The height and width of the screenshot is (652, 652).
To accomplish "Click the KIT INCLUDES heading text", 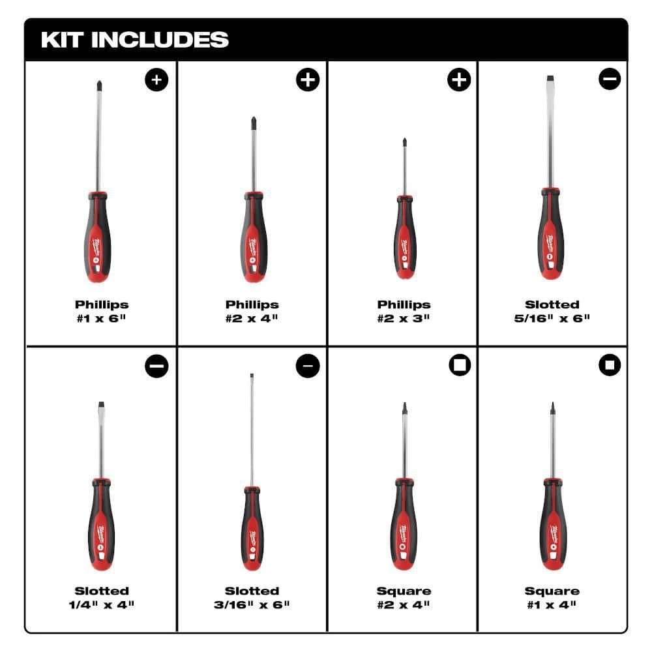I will pos(134,40).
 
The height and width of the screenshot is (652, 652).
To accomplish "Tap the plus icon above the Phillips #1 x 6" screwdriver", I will pos(156,80).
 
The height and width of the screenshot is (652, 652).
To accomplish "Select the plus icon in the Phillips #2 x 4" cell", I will pos(308,80).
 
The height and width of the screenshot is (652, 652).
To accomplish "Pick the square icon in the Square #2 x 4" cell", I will pos(459,366).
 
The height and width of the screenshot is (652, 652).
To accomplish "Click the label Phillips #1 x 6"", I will pos(101,311).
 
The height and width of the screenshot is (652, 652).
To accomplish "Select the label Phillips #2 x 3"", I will pos(404,311).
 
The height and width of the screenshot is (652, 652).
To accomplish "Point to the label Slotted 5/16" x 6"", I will pos(552,311).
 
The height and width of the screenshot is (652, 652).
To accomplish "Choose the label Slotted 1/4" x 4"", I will pos(101,598).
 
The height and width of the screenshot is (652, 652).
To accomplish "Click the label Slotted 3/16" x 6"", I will pos(252,598).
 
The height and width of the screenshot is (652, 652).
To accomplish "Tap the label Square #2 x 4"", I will pos(404,598).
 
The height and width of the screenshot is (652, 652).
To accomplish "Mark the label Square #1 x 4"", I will pos(552,598).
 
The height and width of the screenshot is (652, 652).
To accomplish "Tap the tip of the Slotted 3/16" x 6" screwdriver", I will pos(252,376).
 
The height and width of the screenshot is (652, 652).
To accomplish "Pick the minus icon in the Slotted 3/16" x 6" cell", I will pos(308,366).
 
